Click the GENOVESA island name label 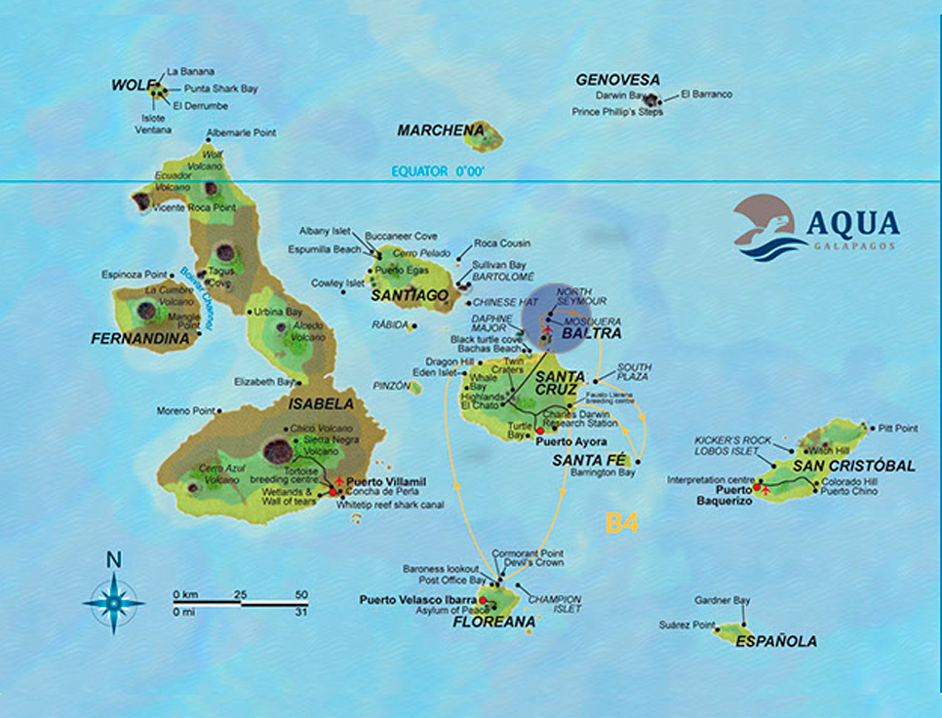pyautogui.click(x=617, y=79)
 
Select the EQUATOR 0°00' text pyautogui.click(x=438, y=170)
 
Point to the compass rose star pyautogui.click(x=113, y=603)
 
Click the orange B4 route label pyautogui.click(x=621, y=522)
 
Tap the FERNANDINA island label pyautogui.click(x=138, y=339)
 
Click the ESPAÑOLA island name pyautogui.click(x=776, y=641)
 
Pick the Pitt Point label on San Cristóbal pyautogui.click(x=898, y=428)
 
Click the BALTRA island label pyautogui.click(x=587, y=333)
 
